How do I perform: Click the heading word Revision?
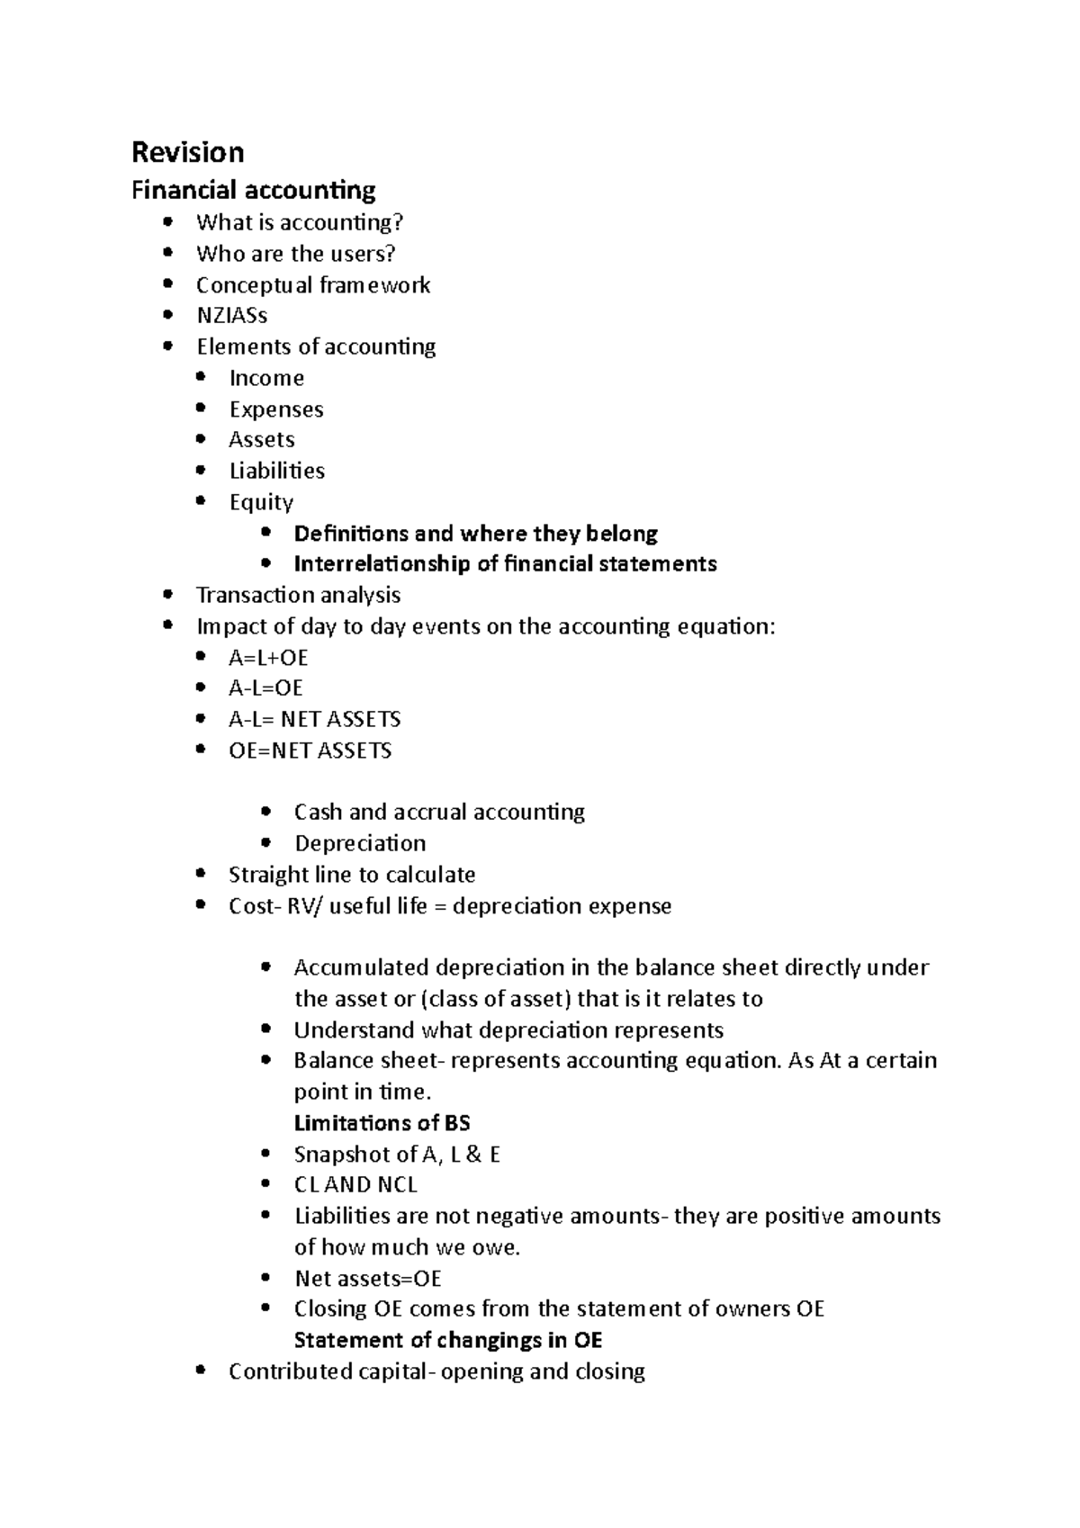[x=187, y=152]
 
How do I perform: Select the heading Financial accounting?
[x=253, y=191]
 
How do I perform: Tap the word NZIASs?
[x=231, y=316]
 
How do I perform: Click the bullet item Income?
[x=266, y=378]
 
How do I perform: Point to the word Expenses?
[x=275, y=409]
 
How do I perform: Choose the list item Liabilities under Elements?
[x=276, y=471]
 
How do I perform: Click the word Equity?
[x=261, y=502]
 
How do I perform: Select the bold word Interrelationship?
[x=396, y=564]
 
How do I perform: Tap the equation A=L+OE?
[x=268, y=658]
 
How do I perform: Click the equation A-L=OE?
[x=265, y=688]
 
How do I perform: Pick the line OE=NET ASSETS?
[x=310, y=751]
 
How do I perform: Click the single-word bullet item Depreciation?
[x=360, y=843]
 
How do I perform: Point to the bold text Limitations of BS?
[x=382, y=1123]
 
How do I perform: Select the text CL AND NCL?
[x=355, y=1185]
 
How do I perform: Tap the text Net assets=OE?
[x=367, y=1279]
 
